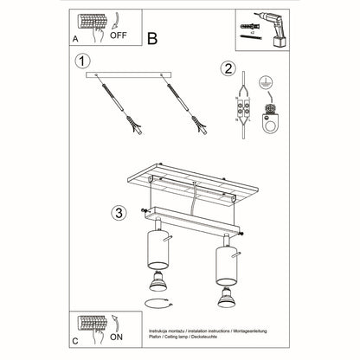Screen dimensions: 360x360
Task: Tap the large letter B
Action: (153, 37)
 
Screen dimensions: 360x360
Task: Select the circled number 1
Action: (82, 61)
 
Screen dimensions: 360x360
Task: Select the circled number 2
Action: (228, 69)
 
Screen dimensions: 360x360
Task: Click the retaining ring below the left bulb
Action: (156, 302)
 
